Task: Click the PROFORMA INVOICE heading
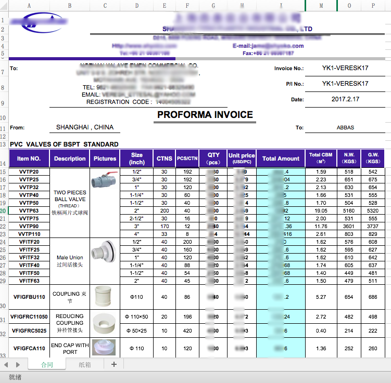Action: click(205, 115)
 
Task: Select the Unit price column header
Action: click(242, 159)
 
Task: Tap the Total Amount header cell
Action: click(281, 159)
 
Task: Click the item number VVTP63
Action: click(29, 211)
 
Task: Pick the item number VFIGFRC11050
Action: click(29, 316)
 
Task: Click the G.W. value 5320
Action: click(373, 211)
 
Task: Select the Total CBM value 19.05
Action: click(321, 211)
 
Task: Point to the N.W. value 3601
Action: click(349, 227)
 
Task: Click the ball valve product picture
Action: click(105, 180)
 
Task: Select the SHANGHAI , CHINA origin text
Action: click(85, 127)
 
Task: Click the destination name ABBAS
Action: click(345, 127)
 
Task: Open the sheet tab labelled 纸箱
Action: click(84, 365)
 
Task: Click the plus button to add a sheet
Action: click(114, 364)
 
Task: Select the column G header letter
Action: click(213, 6)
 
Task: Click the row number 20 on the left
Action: click(4, 211)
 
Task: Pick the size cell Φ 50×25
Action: click(137, 331)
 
